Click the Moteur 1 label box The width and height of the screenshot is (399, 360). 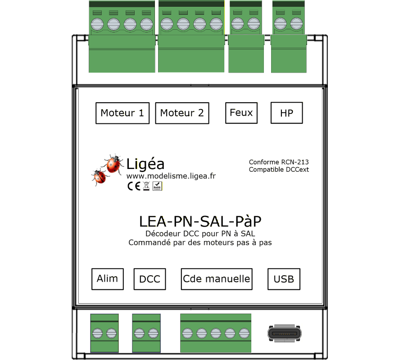pyautogui.click(x=122, y=113)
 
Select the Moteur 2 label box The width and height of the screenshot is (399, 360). pyautogui.click(x=182, y=113)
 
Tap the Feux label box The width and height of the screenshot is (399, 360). pyautogui.click(x=241, y=113)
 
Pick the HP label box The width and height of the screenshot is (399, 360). pyautogui.click(x=287, y=113)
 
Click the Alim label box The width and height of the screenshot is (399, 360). pyautogui.click(x=108, y=279)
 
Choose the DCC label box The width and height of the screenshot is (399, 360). pyautogui.click(x=150, y=279)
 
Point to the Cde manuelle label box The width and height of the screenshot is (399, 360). pyautogui.click(x=217, y=279)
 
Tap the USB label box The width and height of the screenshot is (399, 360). pyautogui.click(x=284, y=279)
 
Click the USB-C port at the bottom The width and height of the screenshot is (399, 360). pyautogui.click(x=285, y=333)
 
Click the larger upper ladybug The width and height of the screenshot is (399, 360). pyautogui.click(x=113, y=164)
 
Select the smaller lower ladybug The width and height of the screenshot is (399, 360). pyautogui.click(x=100, y=177)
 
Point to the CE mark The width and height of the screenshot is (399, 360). pyautogui.click(x=134, y=186)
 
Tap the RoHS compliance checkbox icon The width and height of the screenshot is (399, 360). pyautogui.click(x=157, y=186)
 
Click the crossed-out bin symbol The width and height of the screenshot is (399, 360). pyautogui.click(x=146, y=186)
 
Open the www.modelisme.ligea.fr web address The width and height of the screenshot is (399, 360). pyautogui.click(x=171, y=176)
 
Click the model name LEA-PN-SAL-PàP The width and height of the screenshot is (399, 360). pyautogui.click(x=200, y=221)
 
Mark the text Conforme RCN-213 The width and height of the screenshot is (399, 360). pyautogui.click(x=279, y=162)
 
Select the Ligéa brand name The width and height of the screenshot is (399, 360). pyautogui.click(x=145, y=164)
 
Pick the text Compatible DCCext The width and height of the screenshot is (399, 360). pyautogui.click(x=279, y=169)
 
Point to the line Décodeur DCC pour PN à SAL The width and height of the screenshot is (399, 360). pyautogui.click(x=200, y=233)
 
